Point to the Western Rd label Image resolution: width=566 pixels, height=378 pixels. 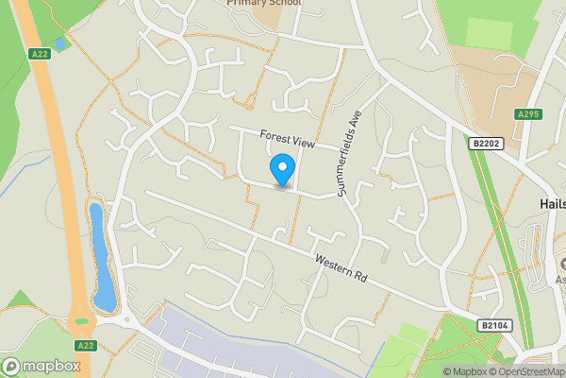(x=340, y=266)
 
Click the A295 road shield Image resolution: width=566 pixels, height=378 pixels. (x=528, y=114)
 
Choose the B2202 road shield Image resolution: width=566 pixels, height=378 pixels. (x=483, y=143)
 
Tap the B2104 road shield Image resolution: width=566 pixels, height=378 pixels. (x=493, y=325)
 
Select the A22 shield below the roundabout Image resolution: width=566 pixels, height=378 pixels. (x=85, y=346)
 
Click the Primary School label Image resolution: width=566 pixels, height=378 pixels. (x=264, y=3)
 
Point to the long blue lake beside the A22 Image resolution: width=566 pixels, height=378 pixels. (x=101, y=257)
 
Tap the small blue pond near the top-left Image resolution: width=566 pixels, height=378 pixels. (x=60, y=43)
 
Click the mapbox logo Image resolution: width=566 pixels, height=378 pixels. (x=41, y=366)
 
